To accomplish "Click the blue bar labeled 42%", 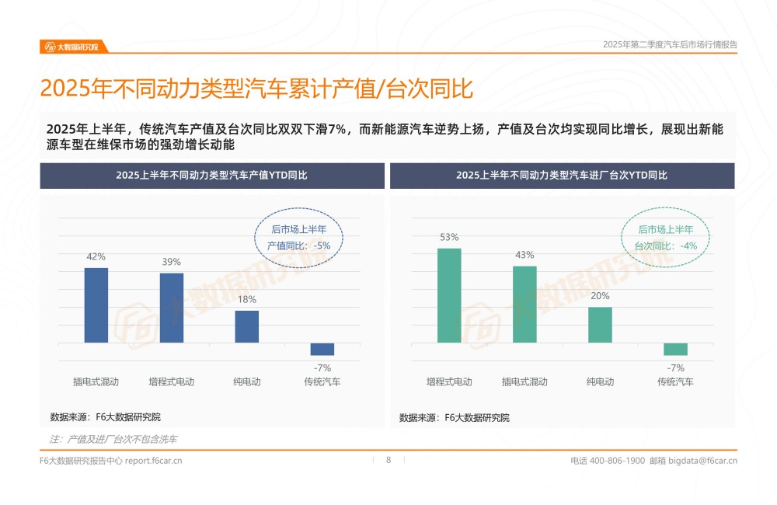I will pos(96,305).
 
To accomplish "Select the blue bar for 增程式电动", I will pos(172,308).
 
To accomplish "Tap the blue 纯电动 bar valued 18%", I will pos(247,326).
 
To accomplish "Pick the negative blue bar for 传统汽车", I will pos(322,349).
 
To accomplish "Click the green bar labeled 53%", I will pos(449,295).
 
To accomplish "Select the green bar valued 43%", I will pos(524,304).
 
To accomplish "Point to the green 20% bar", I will pos(600,325).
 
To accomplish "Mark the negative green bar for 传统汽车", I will pos(675,349).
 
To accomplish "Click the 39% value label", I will pos(172,262).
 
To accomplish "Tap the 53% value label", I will pos(449,237).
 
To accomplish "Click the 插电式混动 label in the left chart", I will pos(96,381).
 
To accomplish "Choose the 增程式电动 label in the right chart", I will pos(449,381).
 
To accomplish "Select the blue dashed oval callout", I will pos(299,237).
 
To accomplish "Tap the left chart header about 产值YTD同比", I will pos(212,176).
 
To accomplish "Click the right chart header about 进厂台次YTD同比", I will pos(562,176).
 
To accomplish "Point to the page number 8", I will pos(388,460).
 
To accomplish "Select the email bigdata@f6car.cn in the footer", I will pos(702,461).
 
